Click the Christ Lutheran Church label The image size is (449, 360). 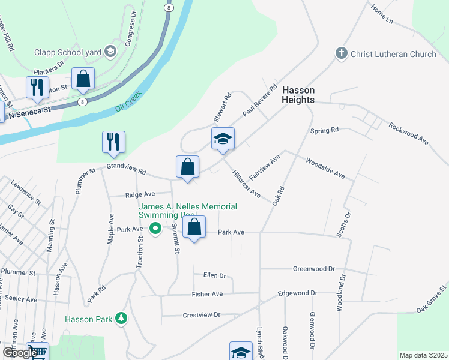pos(393,54)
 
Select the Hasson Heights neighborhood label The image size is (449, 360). pos(298,95)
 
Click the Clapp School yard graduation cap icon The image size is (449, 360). pos(110,52)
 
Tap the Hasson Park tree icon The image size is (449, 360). pos(122,318)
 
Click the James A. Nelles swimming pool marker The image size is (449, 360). pos(155,228)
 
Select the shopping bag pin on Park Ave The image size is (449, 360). pos(194,227)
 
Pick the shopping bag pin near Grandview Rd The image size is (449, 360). pos(187,167)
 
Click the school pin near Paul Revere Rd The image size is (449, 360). pos(223,139)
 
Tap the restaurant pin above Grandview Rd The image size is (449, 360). pos(113,142)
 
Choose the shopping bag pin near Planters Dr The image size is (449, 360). pos(83,79)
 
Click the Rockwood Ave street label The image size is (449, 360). pos(408,134)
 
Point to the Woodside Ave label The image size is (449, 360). pos(325,168)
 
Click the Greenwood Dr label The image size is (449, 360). pos(313,269)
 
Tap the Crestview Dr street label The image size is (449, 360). pos(202,314)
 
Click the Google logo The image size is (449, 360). pos(19,353)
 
